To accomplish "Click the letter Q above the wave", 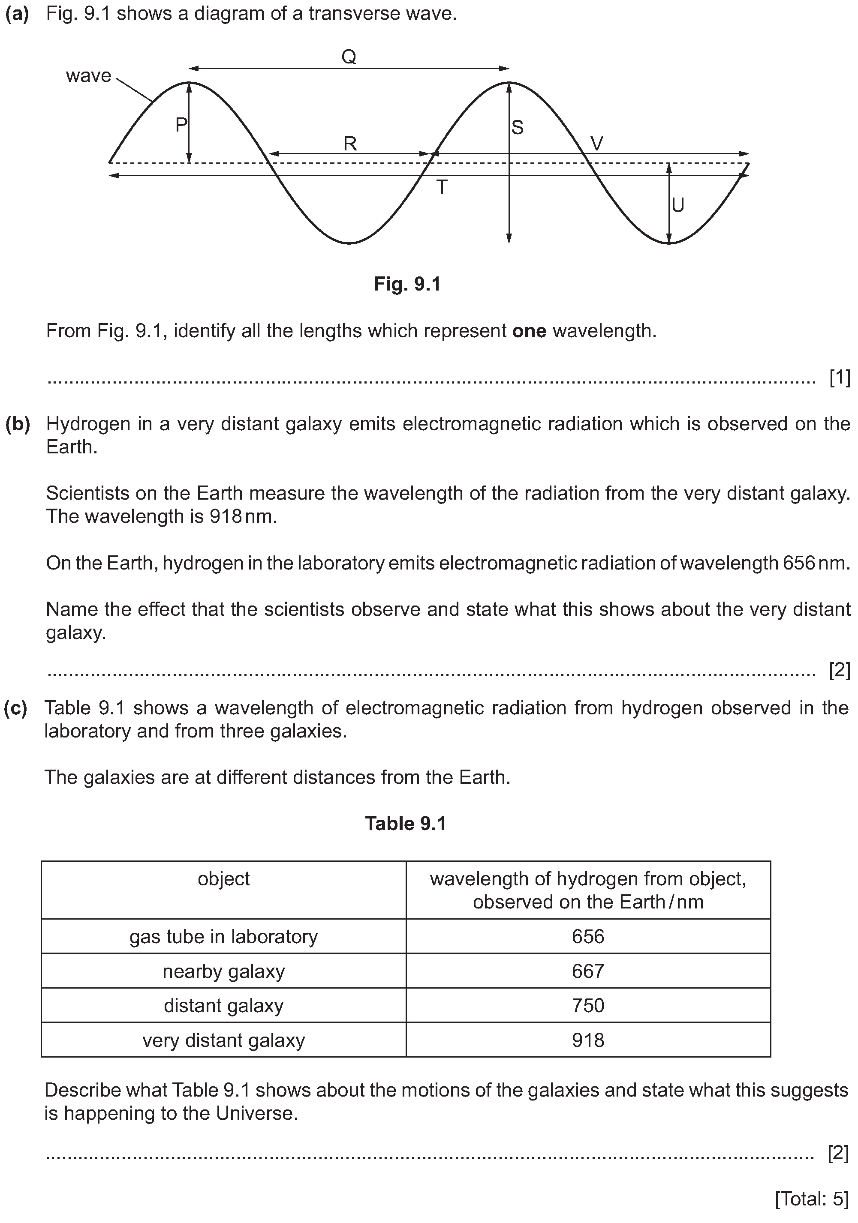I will click(x=349, y=57).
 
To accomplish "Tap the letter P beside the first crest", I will click(x=181, y=125).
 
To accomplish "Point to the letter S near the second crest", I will click(x=517, y=128).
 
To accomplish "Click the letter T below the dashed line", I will click(x=442, y=188).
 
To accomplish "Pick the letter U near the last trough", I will click(x=678, y=205).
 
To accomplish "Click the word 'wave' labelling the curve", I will click(x=88, y=76).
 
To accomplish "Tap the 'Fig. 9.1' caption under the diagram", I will click(x=407, y=284).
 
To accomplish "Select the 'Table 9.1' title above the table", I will click(x=406, y=824).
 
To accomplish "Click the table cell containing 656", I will click(x=588, y=936).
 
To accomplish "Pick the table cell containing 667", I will click(x=588, y=971).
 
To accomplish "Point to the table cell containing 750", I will click(x=588, y=1006).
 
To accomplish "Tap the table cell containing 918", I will click(x=588, y=1040).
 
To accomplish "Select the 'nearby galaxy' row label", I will click(x=223, y=971).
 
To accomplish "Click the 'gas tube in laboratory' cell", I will click(x=223, y=936).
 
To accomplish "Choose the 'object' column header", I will click(x=223, y=878).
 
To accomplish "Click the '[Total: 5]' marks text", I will click(x=812, y=1199).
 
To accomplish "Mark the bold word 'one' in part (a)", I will click(x=529, y=331).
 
